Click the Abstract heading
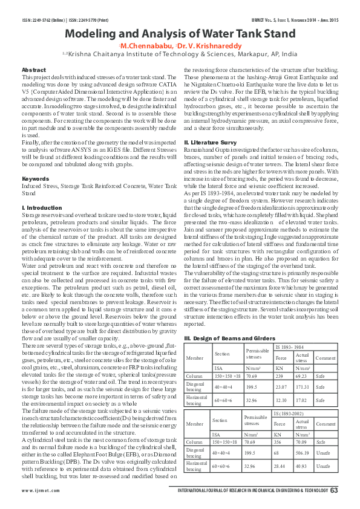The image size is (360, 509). pos(33,71)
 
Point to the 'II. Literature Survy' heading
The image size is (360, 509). pos(210,142)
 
